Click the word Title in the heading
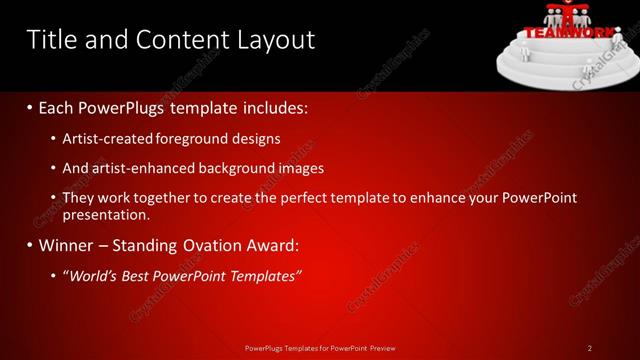[x=51, y=40]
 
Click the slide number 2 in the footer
[x=590, y=348]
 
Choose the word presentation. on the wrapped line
[x=106, y=214]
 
